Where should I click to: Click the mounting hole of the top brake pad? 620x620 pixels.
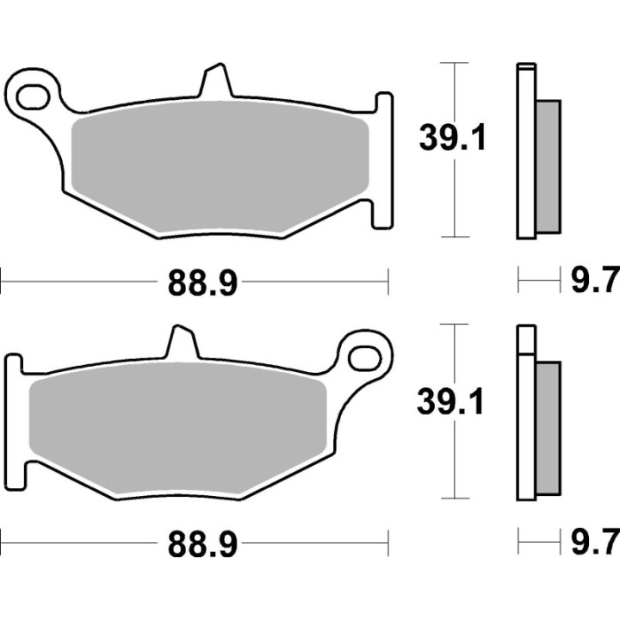coord(34,96)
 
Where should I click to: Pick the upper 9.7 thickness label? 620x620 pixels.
coord(595,281)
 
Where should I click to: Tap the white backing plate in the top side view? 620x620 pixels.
coord(526,151)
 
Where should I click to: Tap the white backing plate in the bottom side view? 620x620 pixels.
coord(526,413)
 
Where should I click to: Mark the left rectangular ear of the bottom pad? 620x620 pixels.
coord(12,418)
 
